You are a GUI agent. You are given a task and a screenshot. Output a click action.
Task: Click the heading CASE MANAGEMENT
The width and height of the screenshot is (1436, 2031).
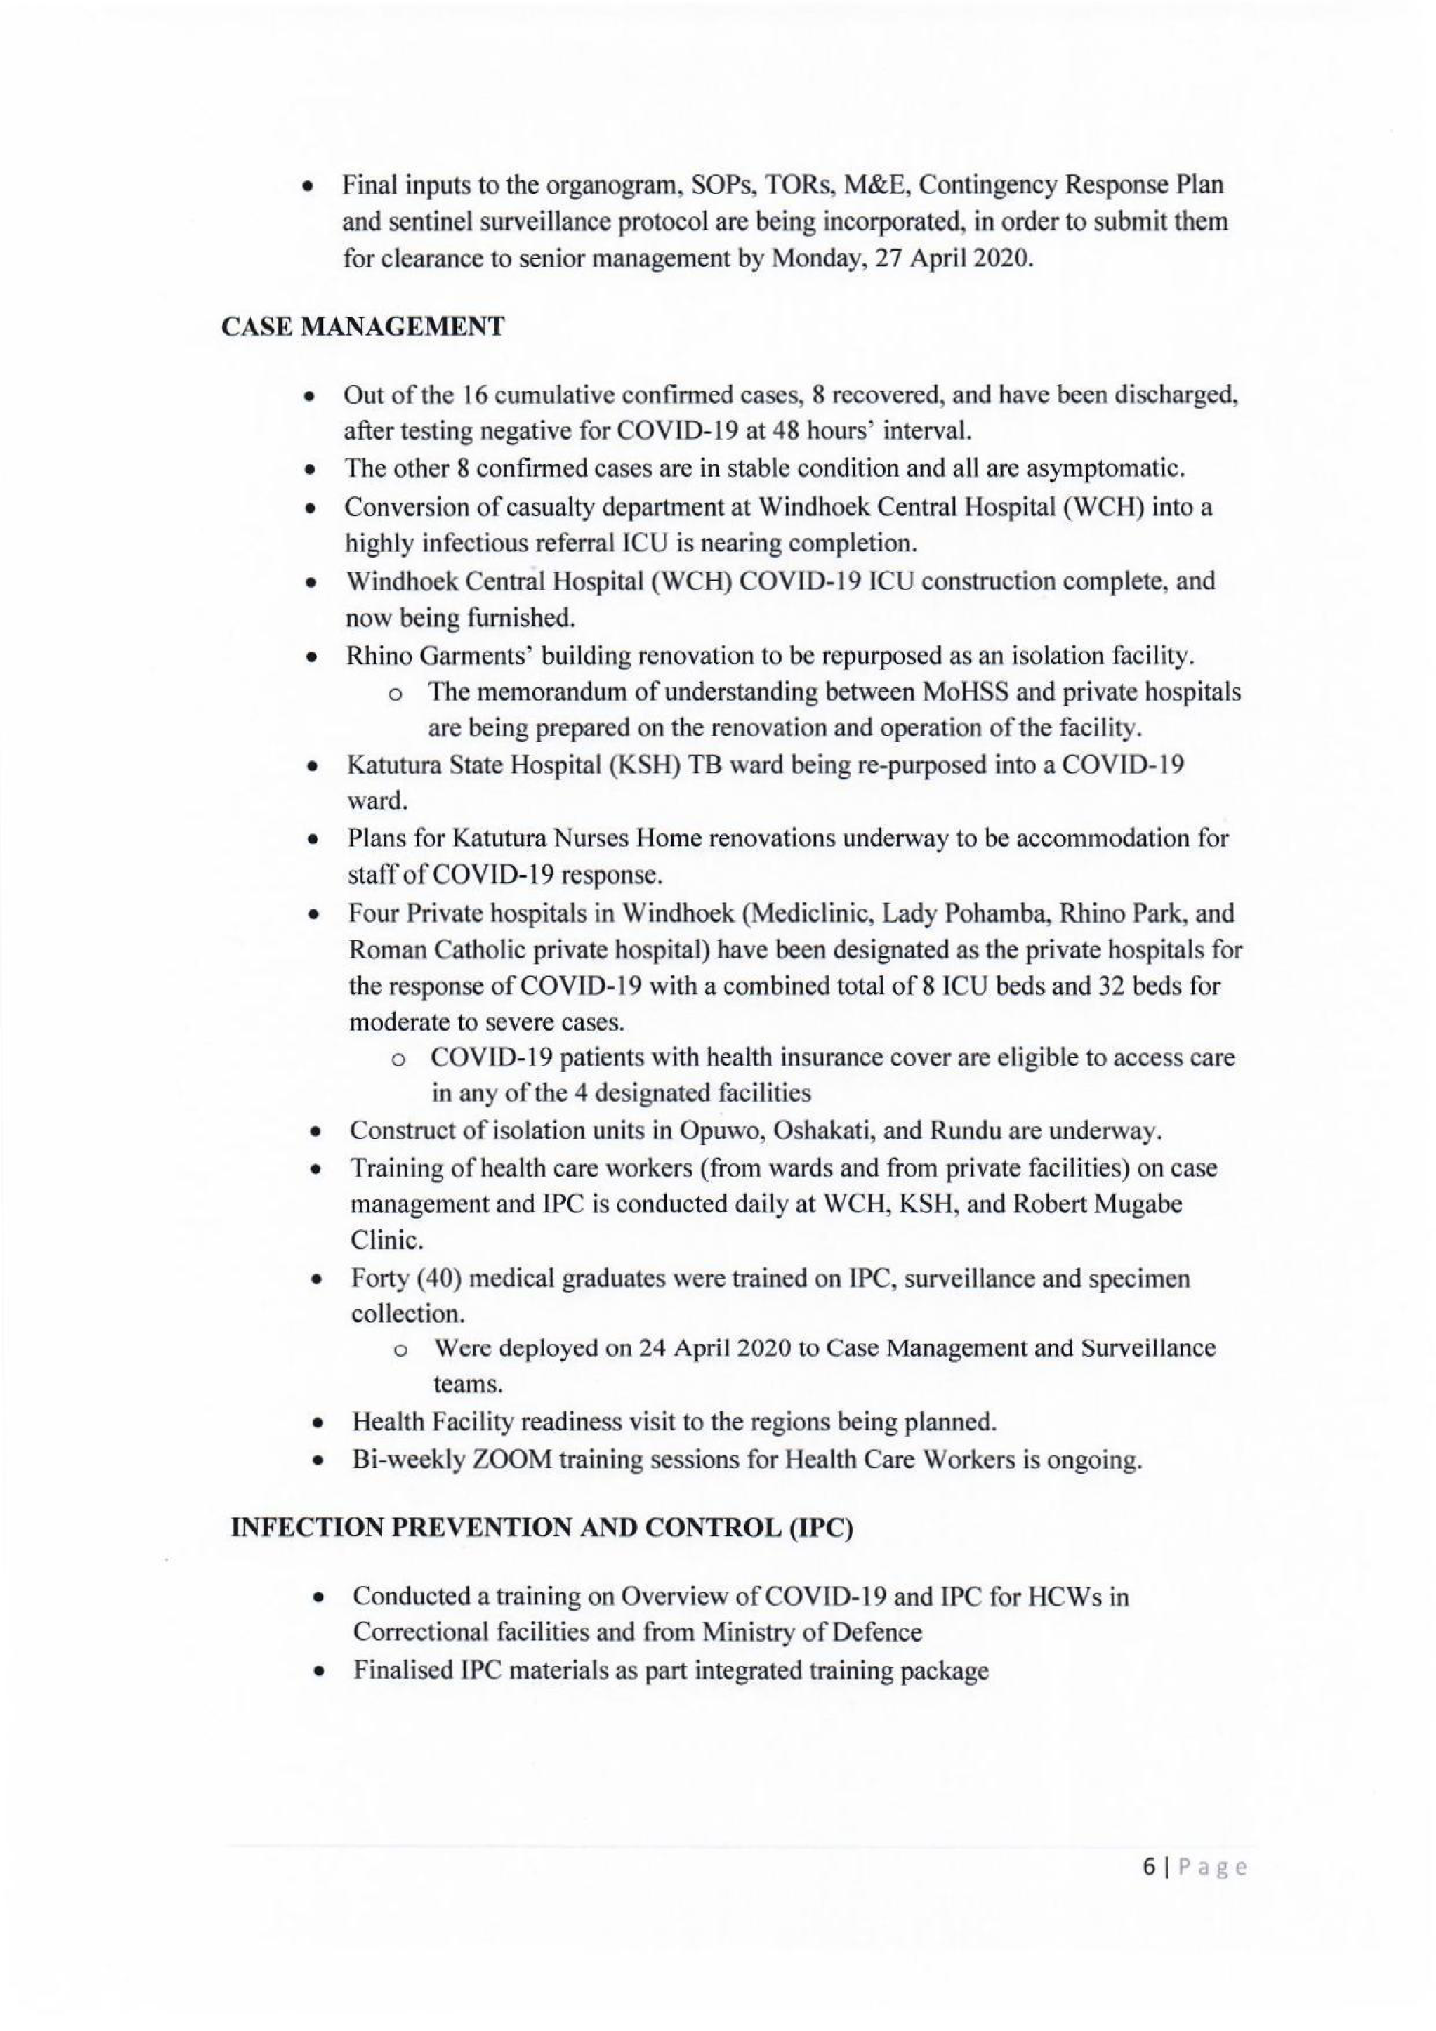tap(363, 327)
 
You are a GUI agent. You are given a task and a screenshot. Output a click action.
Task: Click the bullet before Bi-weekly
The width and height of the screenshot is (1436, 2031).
tap(317, 1461)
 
